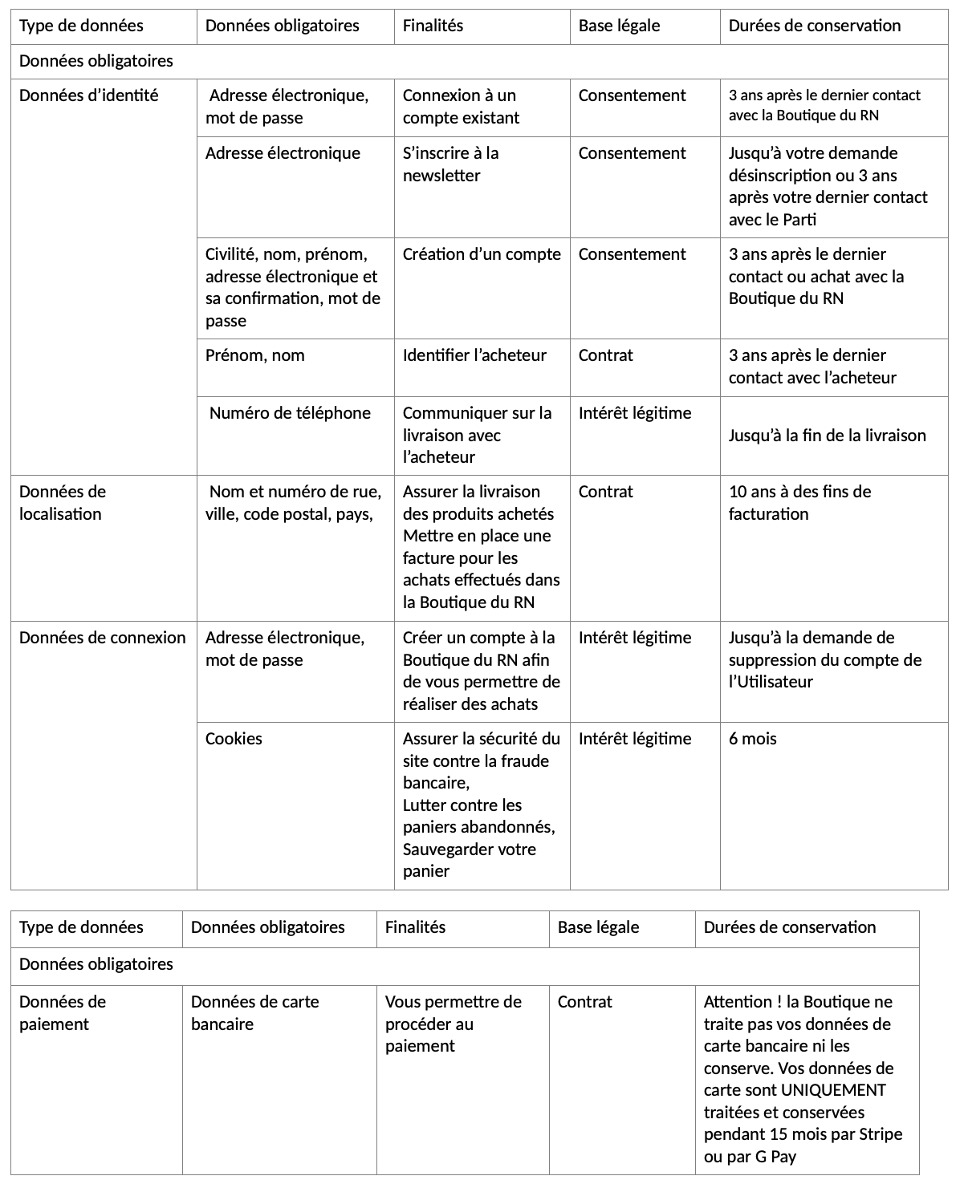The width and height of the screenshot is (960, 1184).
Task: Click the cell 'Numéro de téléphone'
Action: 290,413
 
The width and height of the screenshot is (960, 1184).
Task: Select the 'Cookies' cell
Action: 234,739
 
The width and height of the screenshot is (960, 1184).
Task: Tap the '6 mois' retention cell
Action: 752,739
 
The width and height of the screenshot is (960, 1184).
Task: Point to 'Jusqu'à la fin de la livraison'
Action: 827,436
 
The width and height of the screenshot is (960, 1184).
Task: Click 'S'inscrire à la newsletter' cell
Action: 450,164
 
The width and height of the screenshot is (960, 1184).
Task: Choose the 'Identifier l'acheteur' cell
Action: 474,355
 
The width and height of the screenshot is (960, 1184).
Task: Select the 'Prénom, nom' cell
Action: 254,355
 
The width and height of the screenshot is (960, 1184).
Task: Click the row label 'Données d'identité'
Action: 88,95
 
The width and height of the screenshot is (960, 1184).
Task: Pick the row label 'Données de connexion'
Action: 102,638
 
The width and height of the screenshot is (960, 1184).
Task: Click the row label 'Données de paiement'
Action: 62,1013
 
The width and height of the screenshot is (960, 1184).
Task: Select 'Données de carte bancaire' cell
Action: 254,1013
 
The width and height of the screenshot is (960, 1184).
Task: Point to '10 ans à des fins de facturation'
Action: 799,503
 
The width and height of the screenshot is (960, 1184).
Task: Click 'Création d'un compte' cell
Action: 482,254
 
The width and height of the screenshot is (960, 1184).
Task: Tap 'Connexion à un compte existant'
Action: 461,107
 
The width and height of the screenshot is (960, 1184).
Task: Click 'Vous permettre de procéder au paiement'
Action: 453,1024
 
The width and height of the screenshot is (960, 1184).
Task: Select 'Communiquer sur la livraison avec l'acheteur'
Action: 477,435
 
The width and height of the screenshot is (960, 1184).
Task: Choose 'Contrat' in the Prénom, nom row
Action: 605,355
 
